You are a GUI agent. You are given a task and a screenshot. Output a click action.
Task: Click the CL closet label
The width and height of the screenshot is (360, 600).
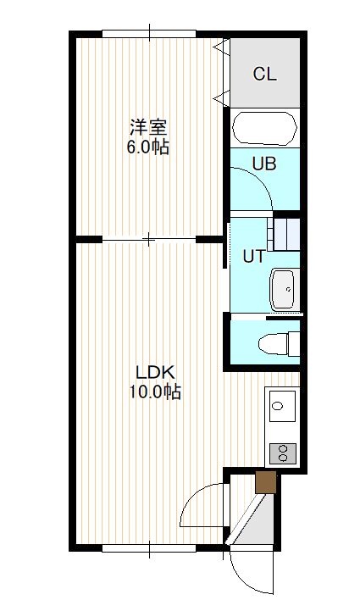[x=265, y=74]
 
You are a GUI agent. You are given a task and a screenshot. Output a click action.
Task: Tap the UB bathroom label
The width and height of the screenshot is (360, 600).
[x=264, y=164]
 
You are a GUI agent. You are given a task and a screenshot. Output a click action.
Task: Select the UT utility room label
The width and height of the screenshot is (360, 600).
[x=253, y=257]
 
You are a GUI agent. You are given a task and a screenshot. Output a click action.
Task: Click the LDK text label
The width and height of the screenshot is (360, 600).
[x=155, y=372]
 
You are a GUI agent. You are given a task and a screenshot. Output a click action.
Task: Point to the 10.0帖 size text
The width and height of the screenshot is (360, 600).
[x=154, y=392]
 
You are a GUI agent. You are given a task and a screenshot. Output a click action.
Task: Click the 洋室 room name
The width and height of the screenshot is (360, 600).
[x=148, y=127]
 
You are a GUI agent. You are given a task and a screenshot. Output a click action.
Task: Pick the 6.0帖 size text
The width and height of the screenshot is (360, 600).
[x=148, y=147]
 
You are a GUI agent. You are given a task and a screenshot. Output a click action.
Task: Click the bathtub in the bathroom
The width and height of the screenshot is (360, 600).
[x=265, y=128]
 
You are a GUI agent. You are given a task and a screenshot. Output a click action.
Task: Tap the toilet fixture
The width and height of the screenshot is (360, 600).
[x=279, y=343]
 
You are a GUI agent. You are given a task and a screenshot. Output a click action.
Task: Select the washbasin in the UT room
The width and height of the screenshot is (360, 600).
[x=283, y=289]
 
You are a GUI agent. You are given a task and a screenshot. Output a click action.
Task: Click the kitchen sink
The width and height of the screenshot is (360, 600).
[x=282, y=406]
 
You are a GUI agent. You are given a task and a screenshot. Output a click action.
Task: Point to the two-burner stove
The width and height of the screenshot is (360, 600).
[x=283, y=453]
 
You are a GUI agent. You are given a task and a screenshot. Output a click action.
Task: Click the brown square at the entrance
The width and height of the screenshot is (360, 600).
[x=265, y=482]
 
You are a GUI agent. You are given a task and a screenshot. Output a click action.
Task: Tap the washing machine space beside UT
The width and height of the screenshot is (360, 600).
[x=284, y=234]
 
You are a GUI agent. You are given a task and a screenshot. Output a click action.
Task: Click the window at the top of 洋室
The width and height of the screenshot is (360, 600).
[x=149, y=34]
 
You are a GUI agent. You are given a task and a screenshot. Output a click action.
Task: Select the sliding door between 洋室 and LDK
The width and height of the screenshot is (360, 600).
[x=149, y=240]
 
